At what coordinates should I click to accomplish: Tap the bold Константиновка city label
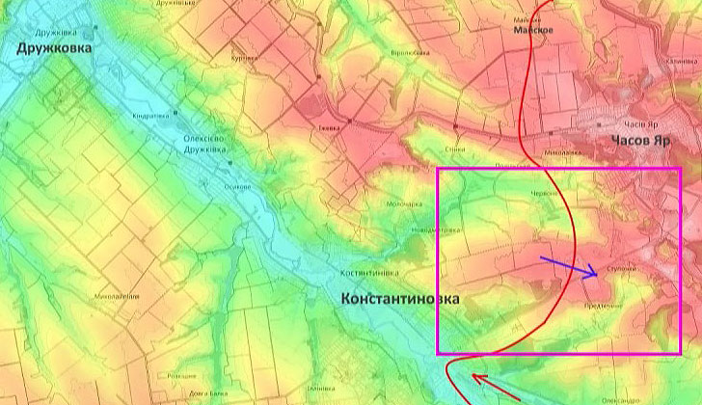tap(401, 299)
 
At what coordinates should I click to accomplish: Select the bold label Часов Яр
tap(639, 141)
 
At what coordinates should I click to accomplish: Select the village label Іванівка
tap(330, 126)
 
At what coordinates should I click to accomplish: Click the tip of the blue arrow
tap(599, 277)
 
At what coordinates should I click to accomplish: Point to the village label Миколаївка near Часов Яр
tap(565, 151)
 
